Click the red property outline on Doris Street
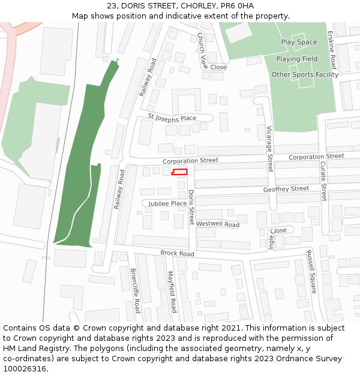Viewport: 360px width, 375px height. pos(179,172)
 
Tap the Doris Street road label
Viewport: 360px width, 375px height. pos(191,208)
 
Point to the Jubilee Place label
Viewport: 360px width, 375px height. pos(168,203)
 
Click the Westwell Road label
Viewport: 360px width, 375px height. pos(218,224)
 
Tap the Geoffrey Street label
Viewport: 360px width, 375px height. pos(286,189)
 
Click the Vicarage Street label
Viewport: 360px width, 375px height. pos(269,149)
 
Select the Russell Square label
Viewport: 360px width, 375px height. pos(311,272)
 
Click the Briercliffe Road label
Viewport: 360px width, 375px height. pos(135,290)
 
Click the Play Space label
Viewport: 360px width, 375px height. pos(299,43)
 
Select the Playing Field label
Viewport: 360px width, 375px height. pos(297,59)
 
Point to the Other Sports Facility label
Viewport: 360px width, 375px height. pos(305,75)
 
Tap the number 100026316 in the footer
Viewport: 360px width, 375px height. pos(25,368)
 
